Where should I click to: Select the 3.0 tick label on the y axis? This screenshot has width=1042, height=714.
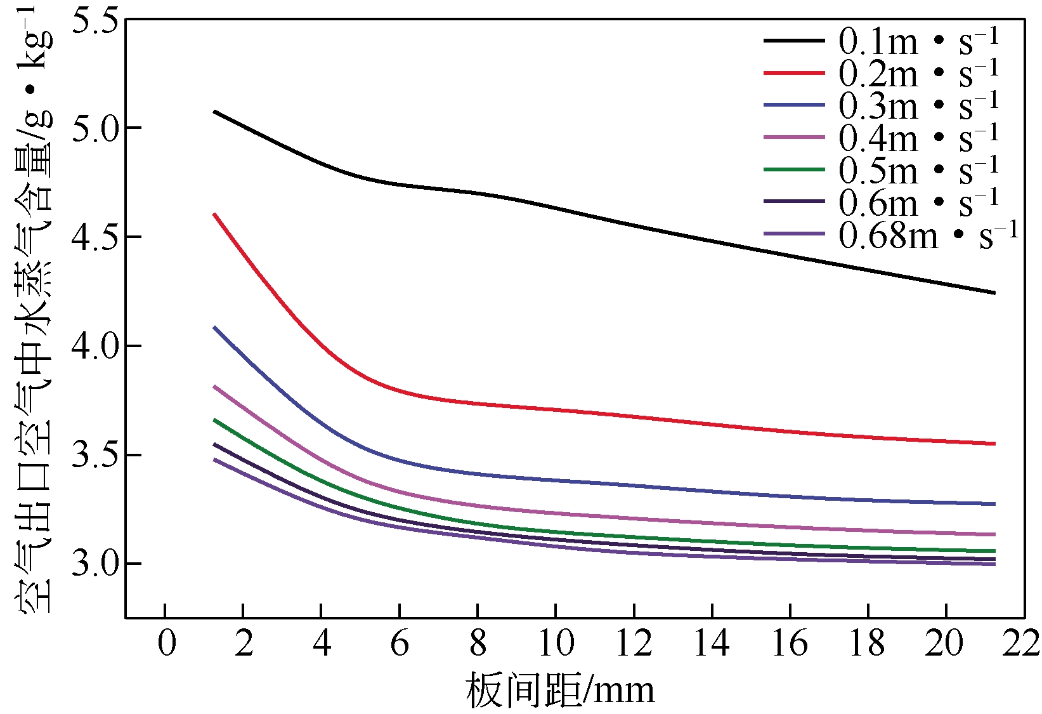(x=95, y=564)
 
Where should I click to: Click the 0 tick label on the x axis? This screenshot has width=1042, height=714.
(x=166, y=644)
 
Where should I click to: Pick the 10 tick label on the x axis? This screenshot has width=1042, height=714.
(x=556, y=644)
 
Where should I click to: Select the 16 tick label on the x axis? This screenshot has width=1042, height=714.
(x=790, y=644)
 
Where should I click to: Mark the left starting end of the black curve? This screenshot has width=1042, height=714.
(x=215, y=112)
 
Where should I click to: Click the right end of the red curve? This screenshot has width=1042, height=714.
(x=994, y=444)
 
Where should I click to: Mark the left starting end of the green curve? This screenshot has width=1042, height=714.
(x=215, y=420)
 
